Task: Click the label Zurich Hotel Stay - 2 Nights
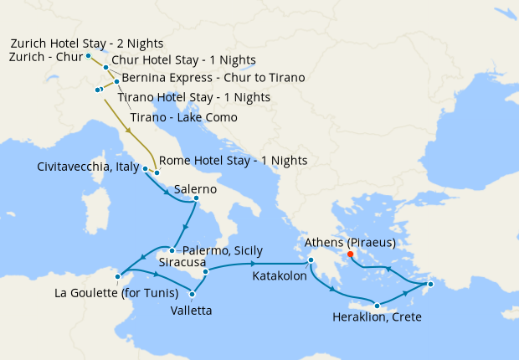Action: pos(86,43)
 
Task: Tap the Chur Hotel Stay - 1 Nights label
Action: pos(183,60)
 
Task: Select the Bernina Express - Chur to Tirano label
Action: pos(213,78)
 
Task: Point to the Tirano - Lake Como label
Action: pos(183,117)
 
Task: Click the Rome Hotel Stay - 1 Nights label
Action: pos(233,160)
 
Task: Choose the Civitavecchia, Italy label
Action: pos(87,167)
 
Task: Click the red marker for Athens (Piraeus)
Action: pos(350,255)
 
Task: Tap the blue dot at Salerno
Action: pos(196,198)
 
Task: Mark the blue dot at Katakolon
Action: pos(310,260)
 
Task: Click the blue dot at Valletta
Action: pos(193,293)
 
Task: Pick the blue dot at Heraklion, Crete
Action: pos(378,306)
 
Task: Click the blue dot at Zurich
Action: pos(89,56)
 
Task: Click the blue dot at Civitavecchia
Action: pos(146,168)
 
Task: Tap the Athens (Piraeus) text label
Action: pos(350,244)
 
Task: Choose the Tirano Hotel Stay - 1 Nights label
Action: pos(193,97)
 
